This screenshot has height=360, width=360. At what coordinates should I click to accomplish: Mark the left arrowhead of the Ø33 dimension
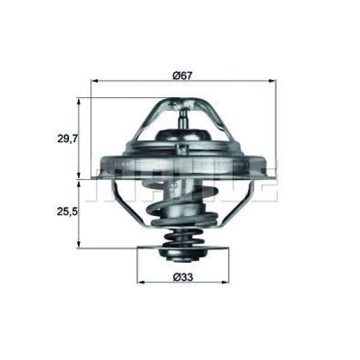tap(141, 281)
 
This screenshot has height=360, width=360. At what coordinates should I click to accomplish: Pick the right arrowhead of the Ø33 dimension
tap(226, 281)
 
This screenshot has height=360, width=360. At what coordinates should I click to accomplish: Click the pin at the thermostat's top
tap(183, 114)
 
